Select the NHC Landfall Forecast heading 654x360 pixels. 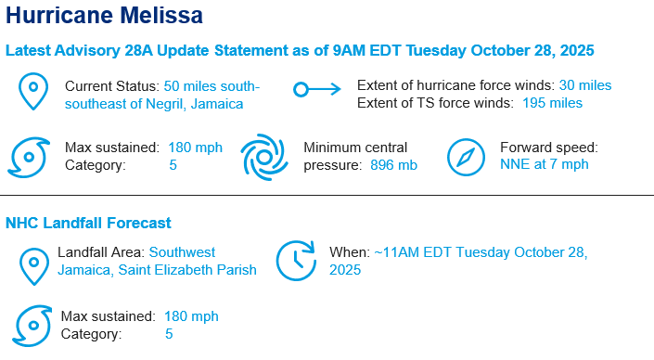coord(88,224)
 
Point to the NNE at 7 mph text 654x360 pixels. coord(544,165)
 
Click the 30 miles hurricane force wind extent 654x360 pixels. coord(584,85)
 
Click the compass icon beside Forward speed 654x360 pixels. coord(467,158)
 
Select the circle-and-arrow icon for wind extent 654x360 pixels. coord(316,90)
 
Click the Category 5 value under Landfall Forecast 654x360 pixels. coord(169,334)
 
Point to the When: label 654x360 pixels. coord(349,252)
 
